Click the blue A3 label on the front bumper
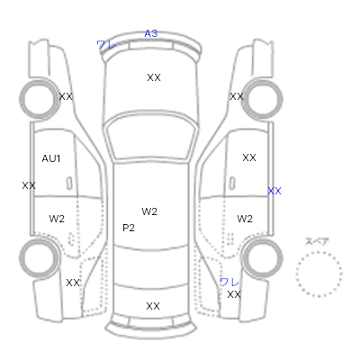tap(151, 33)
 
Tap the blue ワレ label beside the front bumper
tap(106, 45)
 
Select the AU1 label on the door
tap(51, 158)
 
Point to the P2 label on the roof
tap(129, 228)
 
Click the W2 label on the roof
tap(149, 211)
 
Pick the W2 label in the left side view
tap(57, 219)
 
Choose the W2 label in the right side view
tap(245, 219)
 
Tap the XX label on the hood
tap(154, 77)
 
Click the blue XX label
tap(274, 191)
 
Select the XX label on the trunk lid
tap(153, 306)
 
